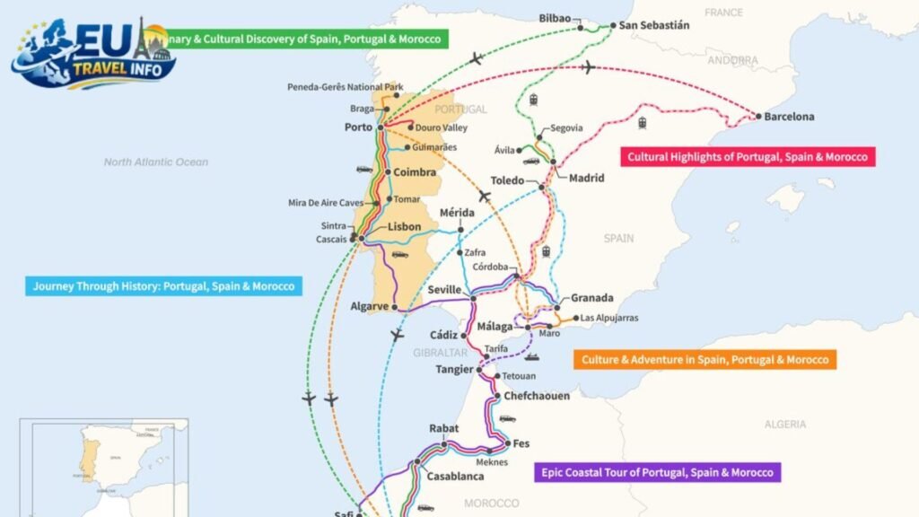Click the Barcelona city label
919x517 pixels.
pos(789,117)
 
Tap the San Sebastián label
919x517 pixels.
pos(655,25)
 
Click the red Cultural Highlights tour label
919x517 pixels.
pos(748,157)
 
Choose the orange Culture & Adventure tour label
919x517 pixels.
pos(705,360)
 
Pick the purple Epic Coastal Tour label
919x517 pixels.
pos(657,472)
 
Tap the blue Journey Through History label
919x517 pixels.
pos(162,287)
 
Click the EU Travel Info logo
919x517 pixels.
pos(93,54)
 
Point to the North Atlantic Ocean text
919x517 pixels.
pos(155,162)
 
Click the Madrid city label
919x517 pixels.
pos(586,178)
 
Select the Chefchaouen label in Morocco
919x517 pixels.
pos(536,396)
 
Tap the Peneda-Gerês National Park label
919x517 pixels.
pos(346,87)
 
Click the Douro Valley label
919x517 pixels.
pos(442,128)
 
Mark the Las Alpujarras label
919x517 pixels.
pos(610,318)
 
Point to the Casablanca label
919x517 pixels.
pos(456,477)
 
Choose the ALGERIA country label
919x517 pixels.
pos(785,425)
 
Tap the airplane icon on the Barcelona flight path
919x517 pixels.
pos(588,67)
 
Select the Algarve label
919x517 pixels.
pos(369,306)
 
